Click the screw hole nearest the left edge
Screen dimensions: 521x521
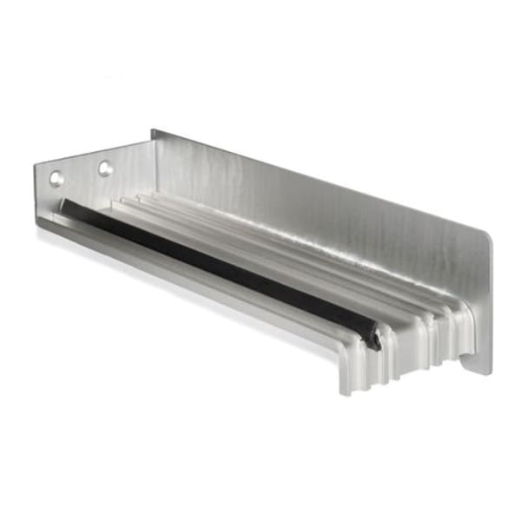56,178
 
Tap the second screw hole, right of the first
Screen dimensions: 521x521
105,168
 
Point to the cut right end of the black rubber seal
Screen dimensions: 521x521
373,339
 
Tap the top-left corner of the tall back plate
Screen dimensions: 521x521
154,132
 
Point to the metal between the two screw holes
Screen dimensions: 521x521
81,173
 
